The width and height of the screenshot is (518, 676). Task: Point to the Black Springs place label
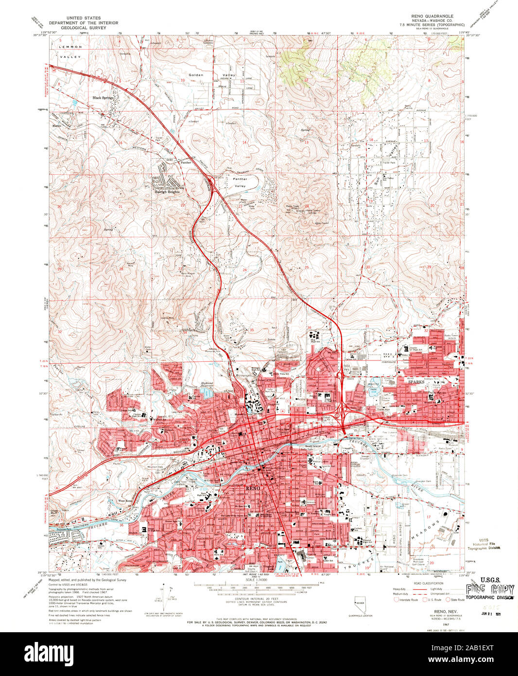tap(103, 98)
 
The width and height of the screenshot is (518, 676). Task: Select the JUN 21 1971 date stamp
tap(491, 612)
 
